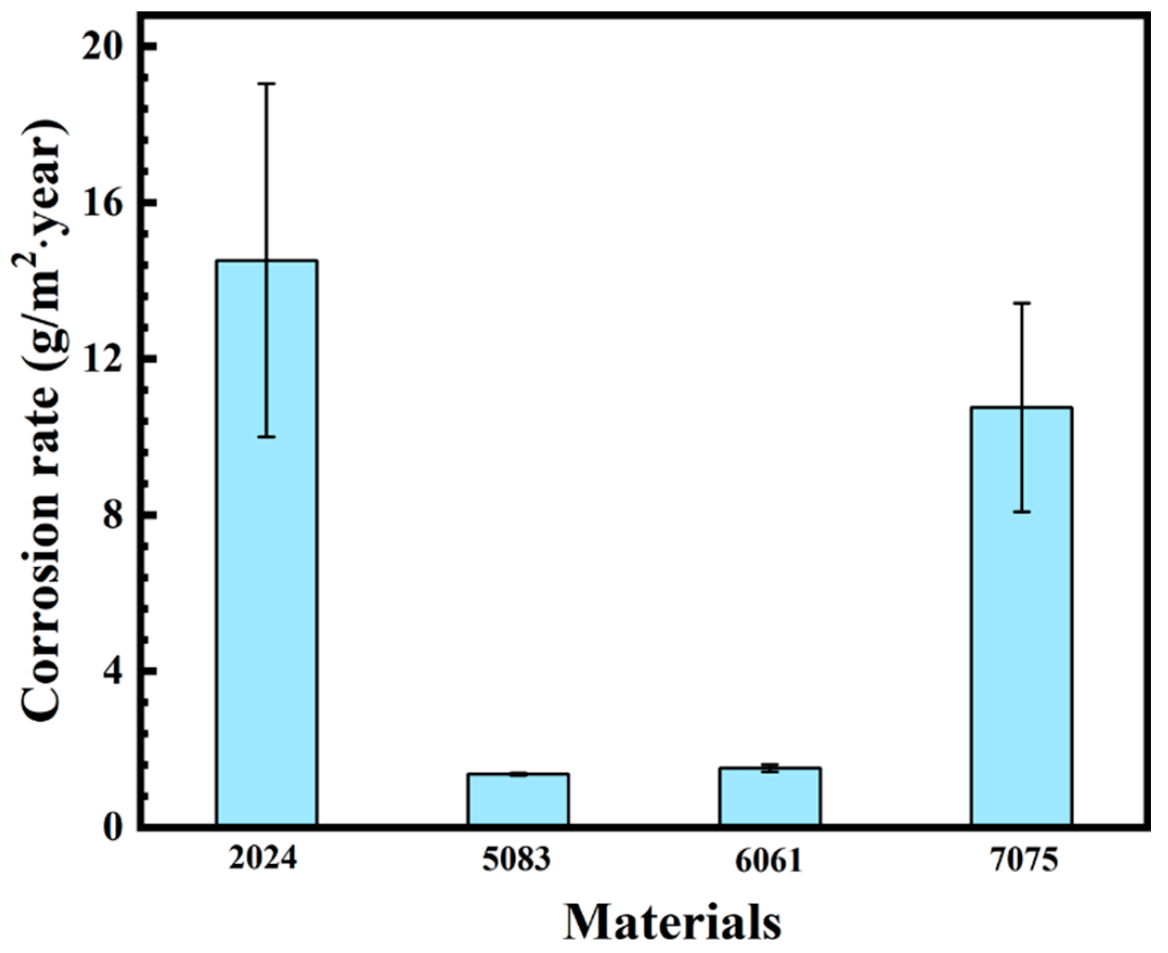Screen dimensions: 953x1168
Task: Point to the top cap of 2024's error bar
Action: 267,84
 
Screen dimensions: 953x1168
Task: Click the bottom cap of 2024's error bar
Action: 267,437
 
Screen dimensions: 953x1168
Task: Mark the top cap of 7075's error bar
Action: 1021,303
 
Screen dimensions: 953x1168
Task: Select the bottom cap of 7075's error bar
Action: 1021,511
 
